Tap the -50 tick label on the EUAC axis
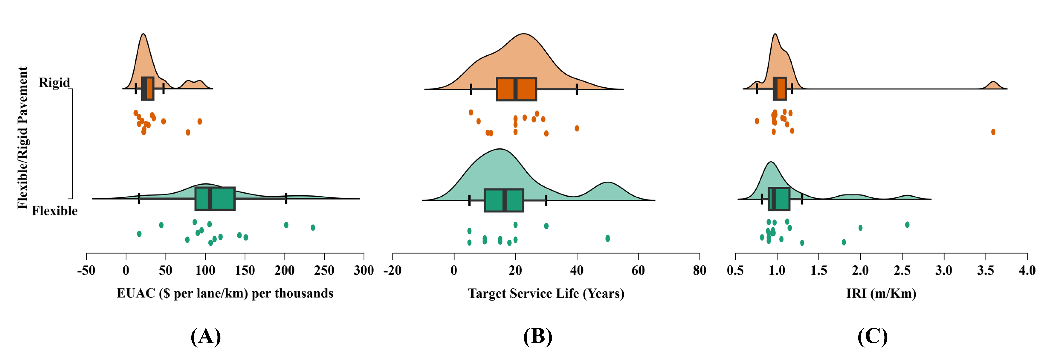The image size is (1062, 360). tap(86, 270)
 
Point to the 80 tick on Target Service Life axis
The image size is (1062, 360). tap(699, 270)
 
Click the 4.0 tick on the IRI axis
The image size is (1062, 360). tap(1027, 270)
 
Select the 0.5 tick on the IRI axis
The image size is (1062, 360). tap(735, 270)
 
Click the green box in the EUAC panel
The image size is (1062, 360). tap(215, 199)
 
